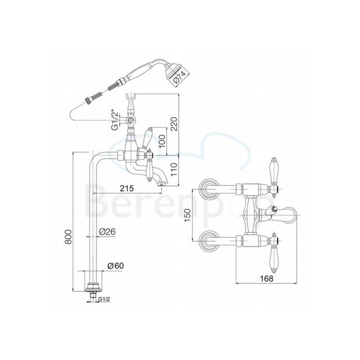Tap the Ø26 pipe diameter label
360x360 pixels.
(108, 231)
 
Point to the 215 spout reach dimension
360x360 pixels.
(127, 188)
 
